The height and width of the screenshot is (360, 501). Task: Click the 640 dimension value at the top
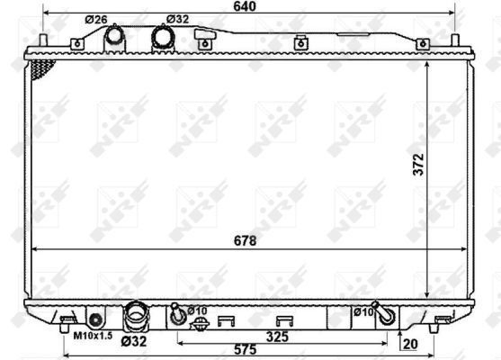[245, 6]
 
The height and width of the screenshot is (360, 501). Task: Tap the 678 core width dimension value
[245, 240]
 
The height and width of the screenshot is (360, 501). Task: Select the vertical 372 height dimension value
[418, 165]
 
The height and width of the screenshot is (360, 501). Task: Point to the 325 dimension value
[277, 337]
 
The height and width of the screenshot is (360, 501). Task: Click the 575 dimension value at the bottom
[245, 349]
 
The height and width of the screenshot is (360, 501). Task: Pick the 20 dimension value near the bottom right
[410, 344]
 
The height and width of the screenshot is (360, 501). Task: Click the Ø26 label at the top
[96, 20]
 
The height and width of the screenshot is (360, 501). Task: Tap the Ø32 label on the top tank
[177, 19]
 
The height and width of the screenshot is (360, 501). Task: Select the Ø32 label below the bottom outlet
[134, 341]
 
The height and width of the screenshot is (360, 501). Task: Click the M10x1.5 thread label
[93, 336]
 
